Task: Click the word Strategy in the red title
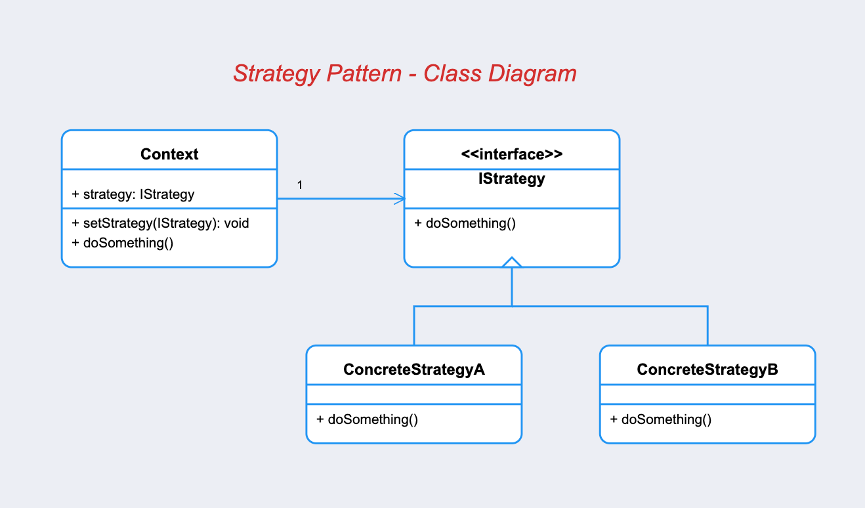277,74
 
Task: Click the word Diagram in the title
532,74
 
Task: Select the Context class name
169,154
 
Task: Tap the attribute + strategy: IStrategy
133,194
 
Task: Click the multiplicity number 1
300,185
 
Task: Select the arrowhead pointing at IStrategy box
400,199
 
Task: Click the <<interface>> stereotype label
512,154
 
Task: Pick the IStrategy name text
512,179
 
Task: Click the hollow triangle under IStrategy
512,263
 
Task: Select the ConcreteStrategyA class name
414,370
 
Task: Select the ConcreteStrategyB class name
707,370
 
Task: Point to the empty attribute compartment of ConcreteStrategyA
414,394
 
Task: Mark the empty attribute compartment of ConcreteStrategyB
707,394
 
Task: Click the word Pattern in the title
364,74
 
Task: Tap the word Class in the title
453,74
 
